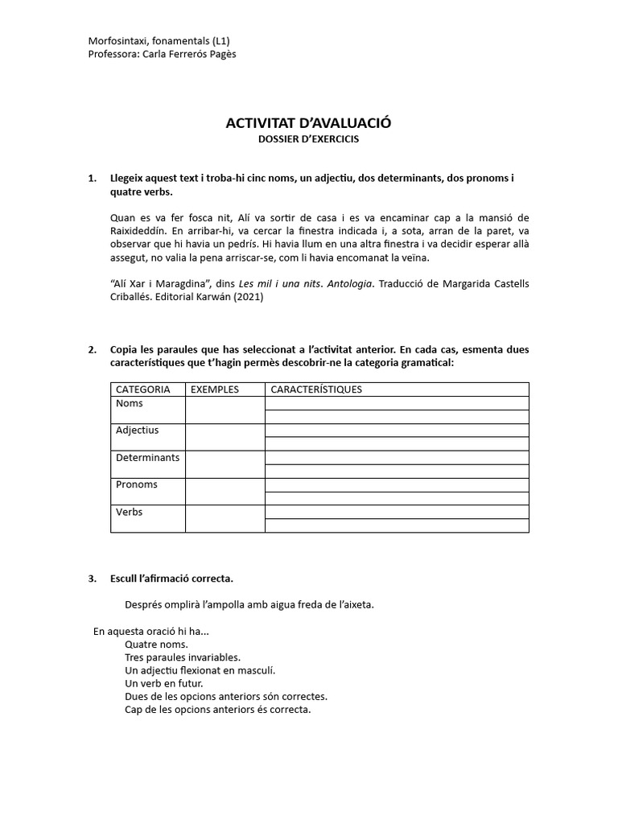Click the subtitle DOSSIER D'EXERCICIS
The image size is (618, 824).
coord(308,138)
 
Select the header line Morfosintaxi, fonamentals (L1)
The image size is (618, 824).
coord(163,41)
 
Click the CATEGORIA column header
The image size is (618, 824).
coord(143,389)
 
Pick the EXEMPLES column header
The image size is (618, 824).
coord(215,389)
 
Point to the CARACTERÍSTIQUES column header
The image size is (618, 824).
coord(316,389)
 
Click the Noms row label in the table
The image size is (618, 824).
coord(130,403)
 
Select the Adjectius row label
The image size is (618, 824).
coord(138,431)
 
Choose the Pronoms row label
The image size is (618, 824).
coord(137,485)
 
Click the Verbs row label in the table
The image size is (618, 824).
coord(130,513)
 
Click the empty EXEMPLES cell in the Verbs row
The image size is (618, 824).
coord(225,518)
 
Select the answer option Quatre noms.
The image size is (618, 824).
coord(157,645)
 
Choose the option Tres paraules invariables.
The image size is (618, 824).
coord(183,657)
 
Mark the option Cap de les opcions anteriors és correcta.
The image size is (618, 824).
coord(217,710)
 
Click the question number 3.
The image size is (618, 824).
coord(93,579)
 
